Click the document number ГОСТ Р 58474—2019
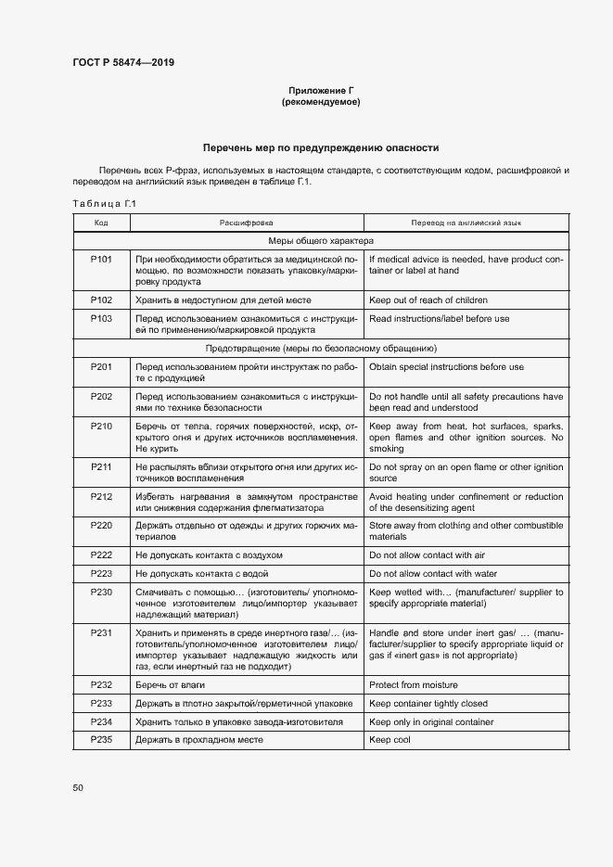122,63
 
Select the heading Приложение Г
321,90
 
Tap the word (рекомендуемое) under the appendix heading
321,102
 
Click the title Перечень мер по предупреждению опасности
321,147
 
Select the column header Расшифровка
246,223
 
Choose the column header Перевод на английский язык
466,223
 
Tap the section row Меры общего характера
321,241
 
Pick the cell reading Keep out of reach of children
428,300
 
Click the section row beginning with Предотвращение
321,349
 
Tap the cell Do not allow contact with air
428,555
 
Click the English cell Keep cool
390,740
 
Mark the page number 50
78,787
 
